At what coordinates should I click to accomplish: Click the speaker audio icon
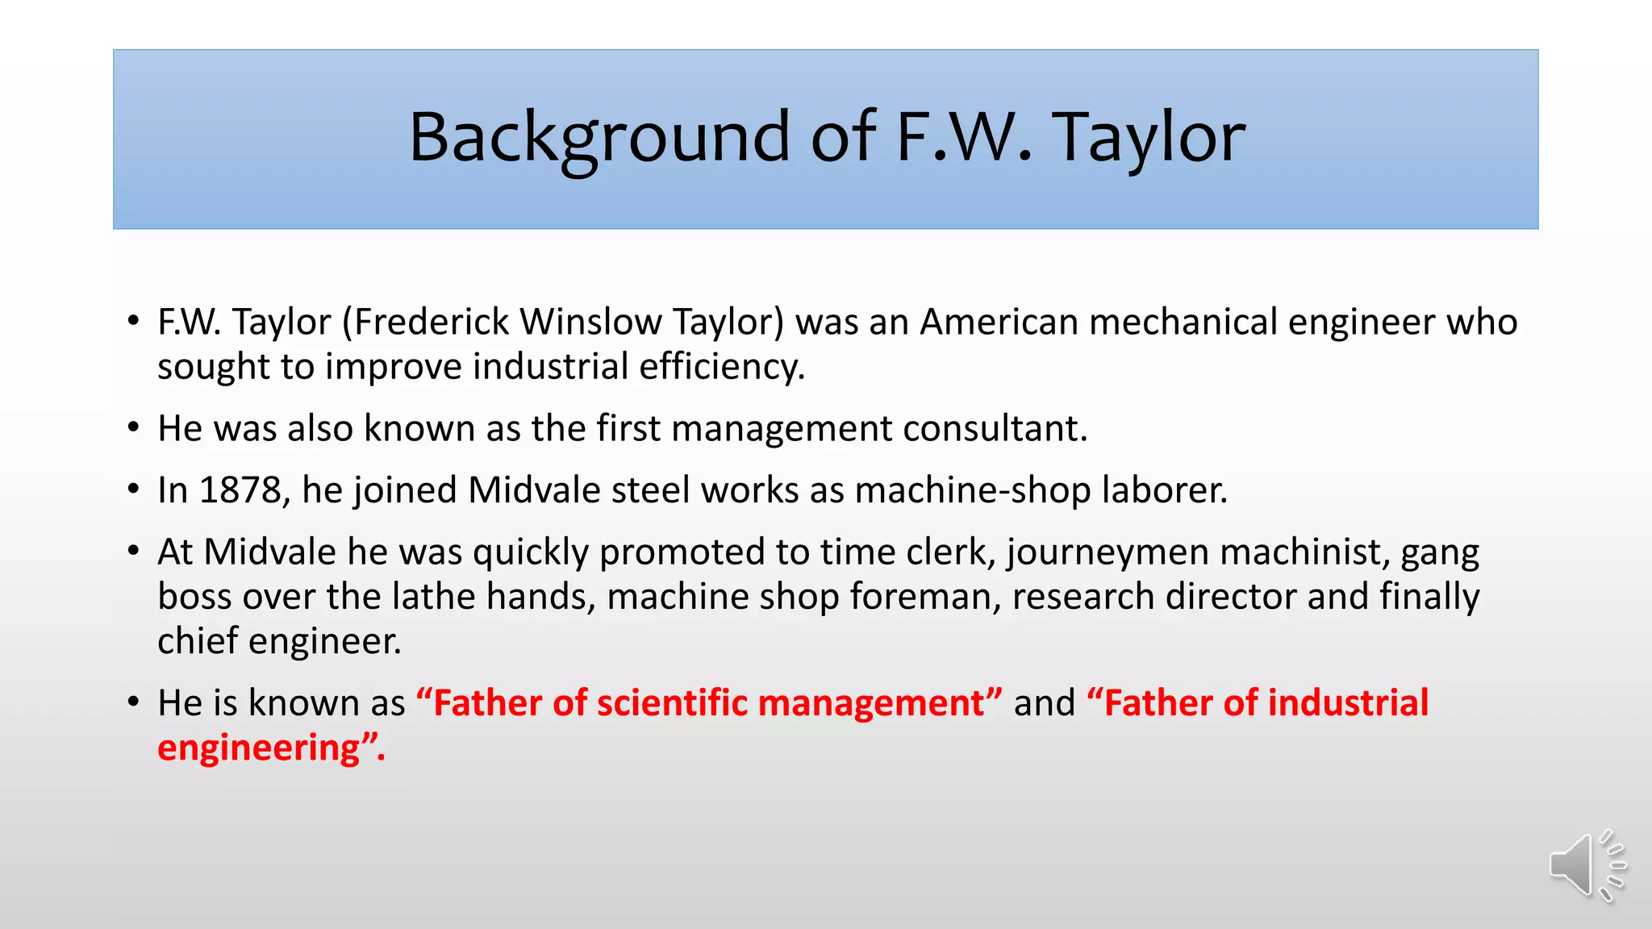(1586, 866)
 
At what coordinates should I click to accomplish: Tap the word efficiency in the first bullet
(722, 367)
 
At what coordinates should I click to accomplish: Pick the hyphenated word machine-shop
(972, 490)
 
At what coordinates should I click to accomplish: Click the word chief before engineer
(197, 641)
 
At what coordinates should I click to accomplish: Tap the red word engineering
(258, 748)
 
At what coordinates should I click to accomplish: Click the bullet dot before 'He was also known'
(134, 428)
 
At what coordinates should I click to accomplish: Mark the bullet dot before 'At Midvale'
(134, 552)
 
